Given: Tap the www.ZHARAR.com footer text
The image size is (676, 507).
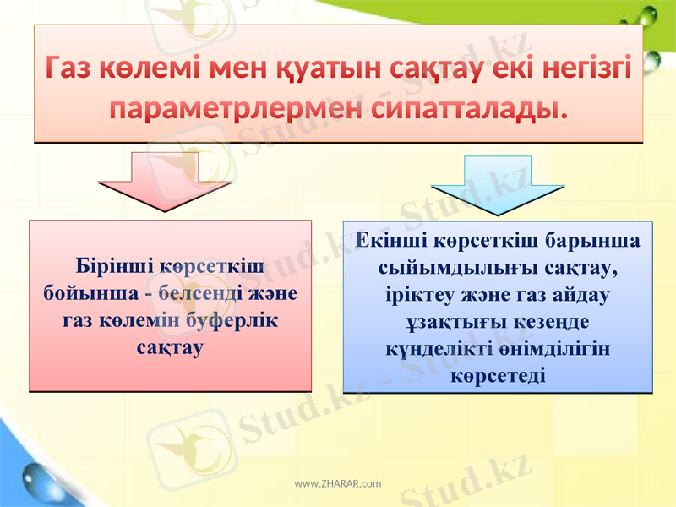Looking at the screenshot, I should coord(337,483).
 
